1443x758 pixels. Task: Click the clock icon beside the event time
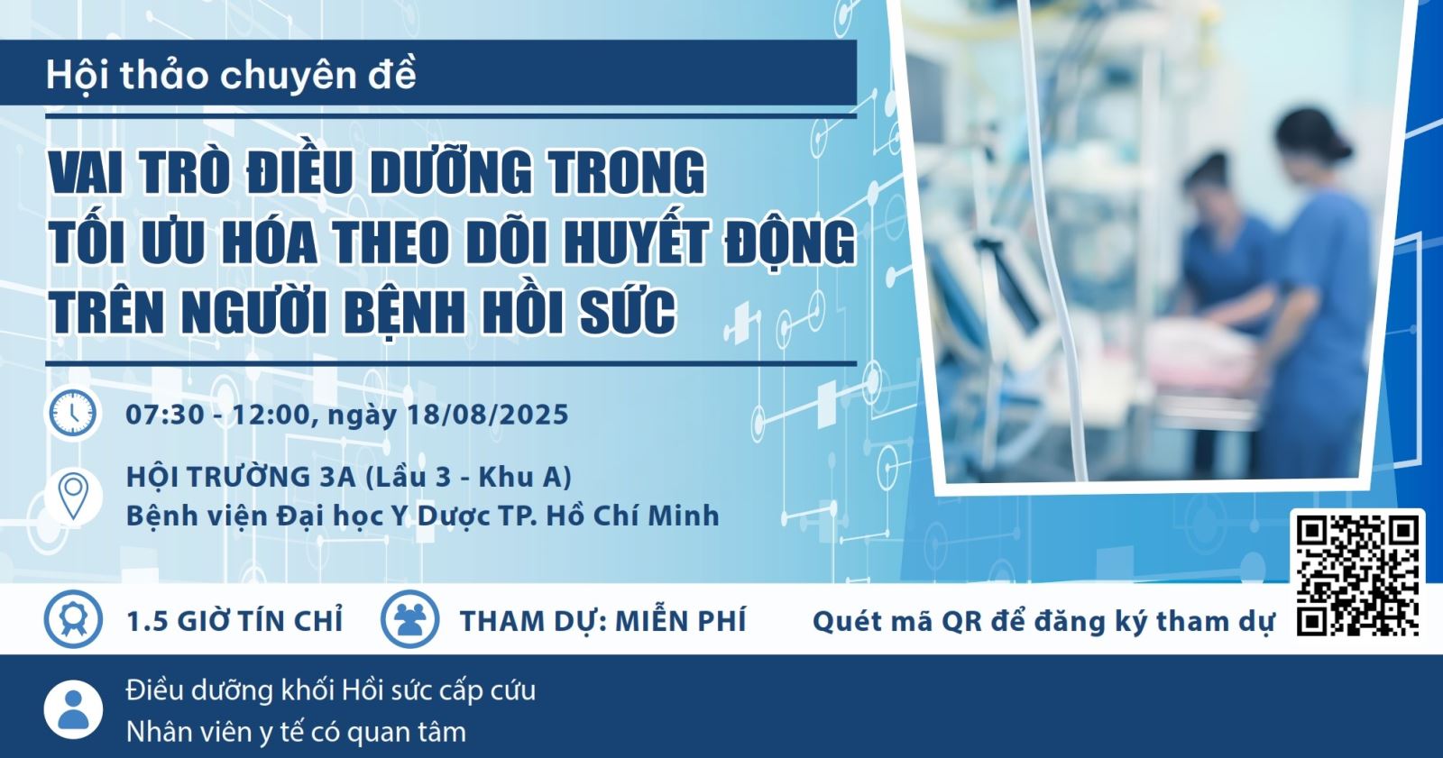tap(73, 414)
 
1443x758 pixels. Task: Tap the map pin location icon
tap(73, 496)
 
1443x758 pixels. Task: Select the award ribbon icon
tap(73, 619)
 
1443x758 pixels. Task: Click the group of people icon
tap(409, 619)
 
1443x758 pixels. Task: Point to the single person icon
tap(73, 709)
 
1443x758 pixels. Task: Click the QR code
tap(1356, 574)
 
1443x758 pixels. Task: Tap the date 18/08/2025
tap(488, 414)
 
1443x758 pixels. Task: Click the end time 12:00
tap(271, 414)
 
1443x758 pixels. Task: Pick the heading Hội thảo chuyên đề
tap(231, 76)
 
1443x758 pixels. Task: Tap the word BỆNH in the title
tap(405, 314)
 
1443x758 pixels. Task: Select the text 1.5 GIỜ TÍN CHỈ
tap(234, 622)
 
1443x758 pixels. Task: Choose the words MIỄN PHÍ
tap(681, 622)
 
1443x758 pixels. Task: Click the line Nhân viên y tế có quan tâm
tap(296, 732)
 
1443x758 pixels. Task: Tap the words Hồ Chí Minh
tap(632, 516)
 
